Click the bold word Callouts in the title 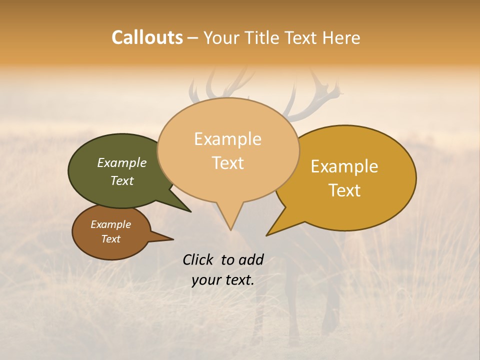[x=147, y=37]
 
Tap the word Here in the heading [x=341, y=37]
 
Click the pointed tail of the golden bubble [x=276, y=227]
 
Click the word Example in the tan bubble [x=227, y=139]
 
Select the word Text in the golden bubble [x=344, y=190]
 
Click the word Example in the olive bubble [x=121, y=163]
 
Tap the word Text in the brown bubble [x=110, y=239]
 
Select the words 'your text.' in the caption [x=222, y=280]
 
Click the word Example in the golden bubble [x=344, y=166]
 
